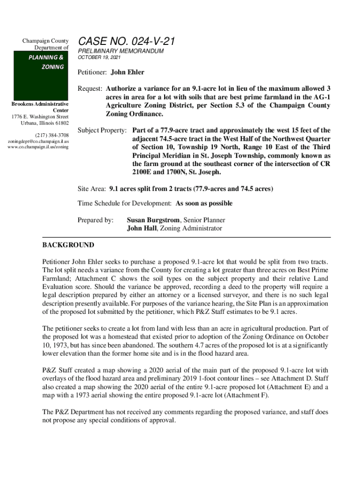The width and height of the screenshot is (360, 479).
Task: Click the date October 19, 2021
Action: click(x=99, y=58)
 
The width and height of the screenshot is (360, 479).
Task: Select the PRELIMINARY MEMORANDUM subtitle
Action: click(x=121, y=51)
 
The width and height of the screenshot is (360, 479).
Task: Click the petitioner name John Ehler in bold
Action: click(x=127, y=73)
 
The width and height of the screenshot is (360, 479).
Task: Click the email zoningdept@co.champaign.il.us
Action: click(x=39, y=141)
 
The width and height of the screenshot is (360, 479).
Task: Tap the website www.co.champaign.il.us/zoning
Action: click(x=39, y=146)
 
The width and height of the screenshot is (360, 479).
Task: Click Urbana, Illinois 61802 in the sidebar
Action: click(x=45, y=123)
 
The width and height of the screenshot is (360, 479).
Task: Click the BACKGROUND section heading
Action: click(x=68, y=245)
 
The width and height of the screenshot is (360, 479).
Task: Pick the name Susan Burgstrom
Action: click(x=154, y=220)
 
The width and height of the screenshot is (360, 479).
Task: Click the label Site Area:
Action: click(x=92, y=189)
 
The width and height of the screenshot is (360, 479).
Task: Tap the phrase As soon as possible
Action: click(x=204, y=203)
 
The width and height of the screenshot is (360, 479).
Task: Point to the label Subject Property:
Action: click(x=102, y=130)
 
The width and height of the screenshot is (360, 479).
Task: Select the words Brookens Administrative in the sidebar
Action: click(x=40, y=104)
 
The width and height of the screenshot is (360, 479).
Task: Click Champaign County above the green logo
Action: click(x=46, y=41)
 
